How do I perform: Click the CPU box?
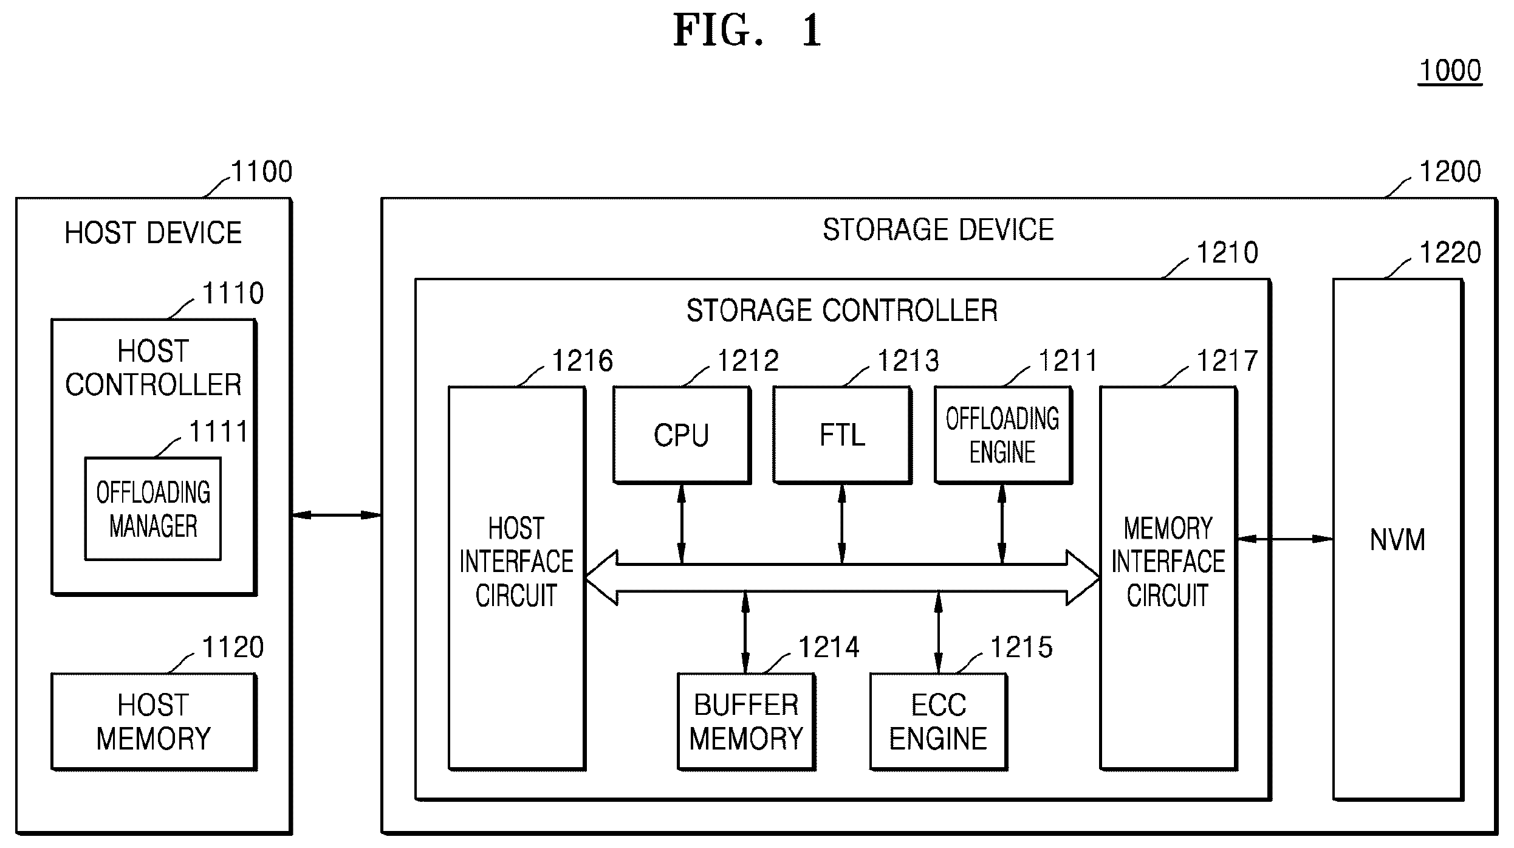(682, 435)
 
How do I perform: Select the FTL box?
(842, 435)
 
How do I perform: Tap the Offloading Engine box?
(1002, 435)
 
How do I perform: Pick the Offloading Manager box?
(153, 509)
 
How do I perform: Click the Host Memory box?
(154, 722)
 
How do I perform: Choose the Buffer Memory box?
(746, 722)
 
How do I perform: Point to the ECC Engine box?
(939, 722)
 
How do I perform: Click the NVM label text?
(1397, 540)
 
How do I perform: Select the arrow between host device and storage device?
(337, 515)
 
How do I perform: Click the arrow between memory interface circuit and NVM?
(1285, 539)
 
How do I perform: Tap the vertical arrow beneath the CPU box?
(682, 524)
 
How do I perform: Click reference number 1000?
(1450, 71)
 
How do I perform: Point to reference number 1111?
(219, 432)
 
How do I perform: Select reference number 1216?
(583, 360)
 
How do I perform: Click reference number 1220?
(1450, 252)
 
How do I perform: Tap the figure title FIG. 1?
(748, 30)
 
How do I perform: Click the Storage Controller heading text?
(842, 311)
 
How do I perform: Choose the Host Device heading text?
(153, 233)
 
